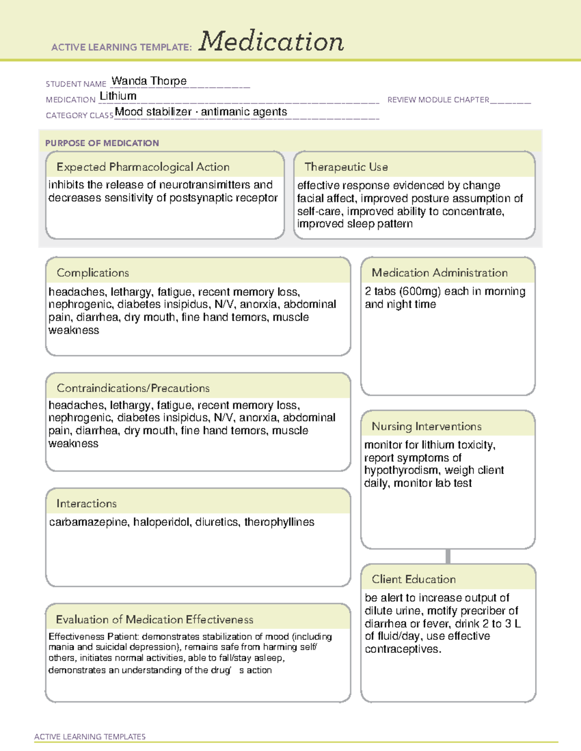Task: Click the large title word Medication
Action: click(271, 42)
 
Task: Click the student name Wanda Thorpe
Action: click(149, 81)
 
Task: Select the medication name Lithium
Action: click(118, 96)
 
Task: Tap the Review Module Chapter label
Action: click(438, 100)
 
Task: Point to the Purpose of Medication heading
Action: click(102, 143)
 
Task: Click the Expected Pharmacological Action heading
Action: click(143, 167)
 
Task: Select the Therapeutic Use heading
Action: click(346, 167)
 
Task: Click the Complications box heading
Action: click(93, 273)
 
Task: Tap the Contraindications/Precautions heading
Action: click(133, 388)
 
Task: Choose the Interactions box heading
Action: click(87, 503)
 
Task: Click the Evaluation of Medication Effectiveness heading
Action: click(154, 619)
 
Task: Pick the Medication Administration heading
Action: click(440, 273)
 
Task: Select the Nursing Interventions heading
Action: click(427, 427)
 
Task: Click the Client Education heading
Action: click(413, 579)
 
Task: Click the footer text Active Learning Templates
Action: click(90, 736)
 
